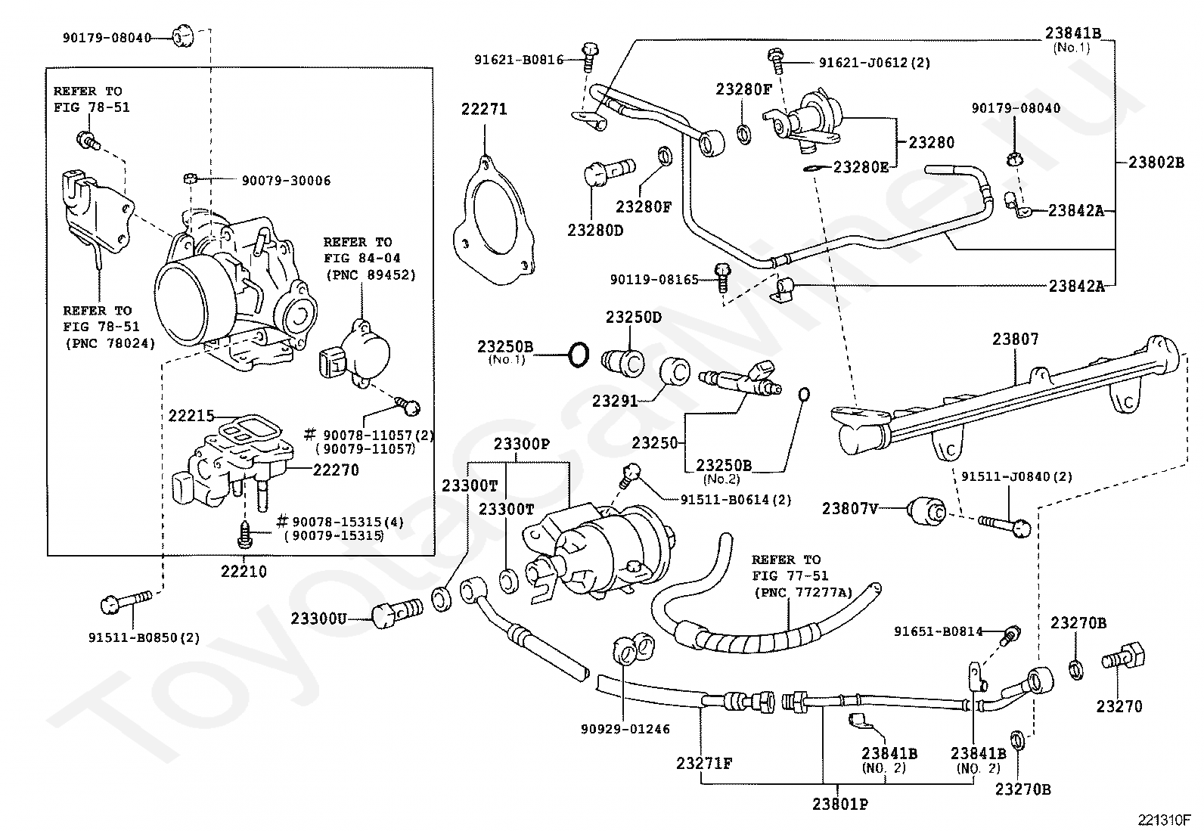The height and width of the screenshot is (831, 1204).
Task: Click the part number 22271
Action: click(484, 110)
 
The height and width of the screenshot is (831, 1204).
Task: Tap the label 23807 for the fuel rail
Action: click(1016, 340)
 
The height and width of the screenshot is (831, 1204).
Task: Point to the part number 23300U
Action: click(318, 619)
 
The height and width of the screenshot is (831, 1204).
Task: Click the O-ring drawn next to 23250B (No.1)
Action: click(578, 354)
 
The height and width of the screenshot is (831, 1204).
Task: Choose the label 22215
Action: click(191, 416)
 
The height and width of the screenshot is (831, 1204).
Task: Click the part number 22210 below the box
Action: click(244, 572)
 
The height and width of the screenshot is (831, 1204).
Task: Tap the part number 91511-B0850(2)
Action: click(144, 637)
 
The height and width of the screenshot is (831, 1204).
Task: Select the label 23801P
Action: click(840, 804)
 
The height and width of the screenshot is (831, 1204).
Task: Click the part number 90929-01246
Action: click(625, 729)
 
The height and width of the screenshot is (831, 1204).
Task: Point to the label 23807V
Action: click(850, 509)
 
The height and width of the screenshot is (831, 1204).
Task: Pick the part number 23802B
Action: click(1156, 161)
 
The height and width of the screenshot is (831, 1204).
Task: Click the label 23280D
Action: click(595, 230)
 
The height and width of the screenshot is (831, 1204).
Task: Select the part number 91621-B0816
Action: click(520, 59)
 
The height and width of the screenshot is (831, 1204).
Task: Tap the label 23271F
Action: click(704, 764)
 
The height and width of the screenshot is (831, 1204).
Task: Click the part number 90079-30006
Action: click(286, 181)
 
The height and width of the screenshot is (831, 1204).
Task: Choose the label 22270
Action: click(336, 470)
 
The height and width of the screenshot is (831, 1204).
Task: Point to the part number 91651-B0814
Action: click(939, 631)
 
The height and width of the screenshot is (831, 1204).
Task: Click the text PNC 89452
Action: click(371, 274)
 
